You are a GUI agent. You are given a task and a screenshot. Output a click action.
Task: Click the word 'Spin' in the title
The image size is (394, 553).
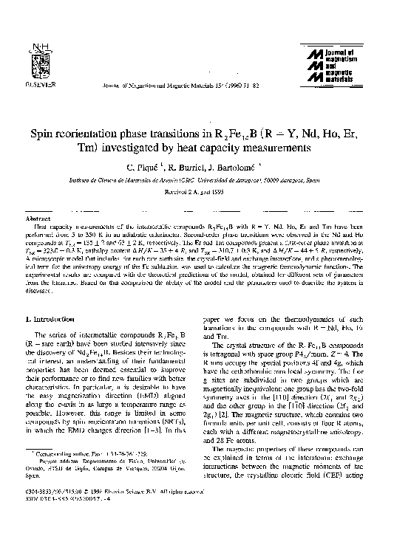click(x=44, y=134)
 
